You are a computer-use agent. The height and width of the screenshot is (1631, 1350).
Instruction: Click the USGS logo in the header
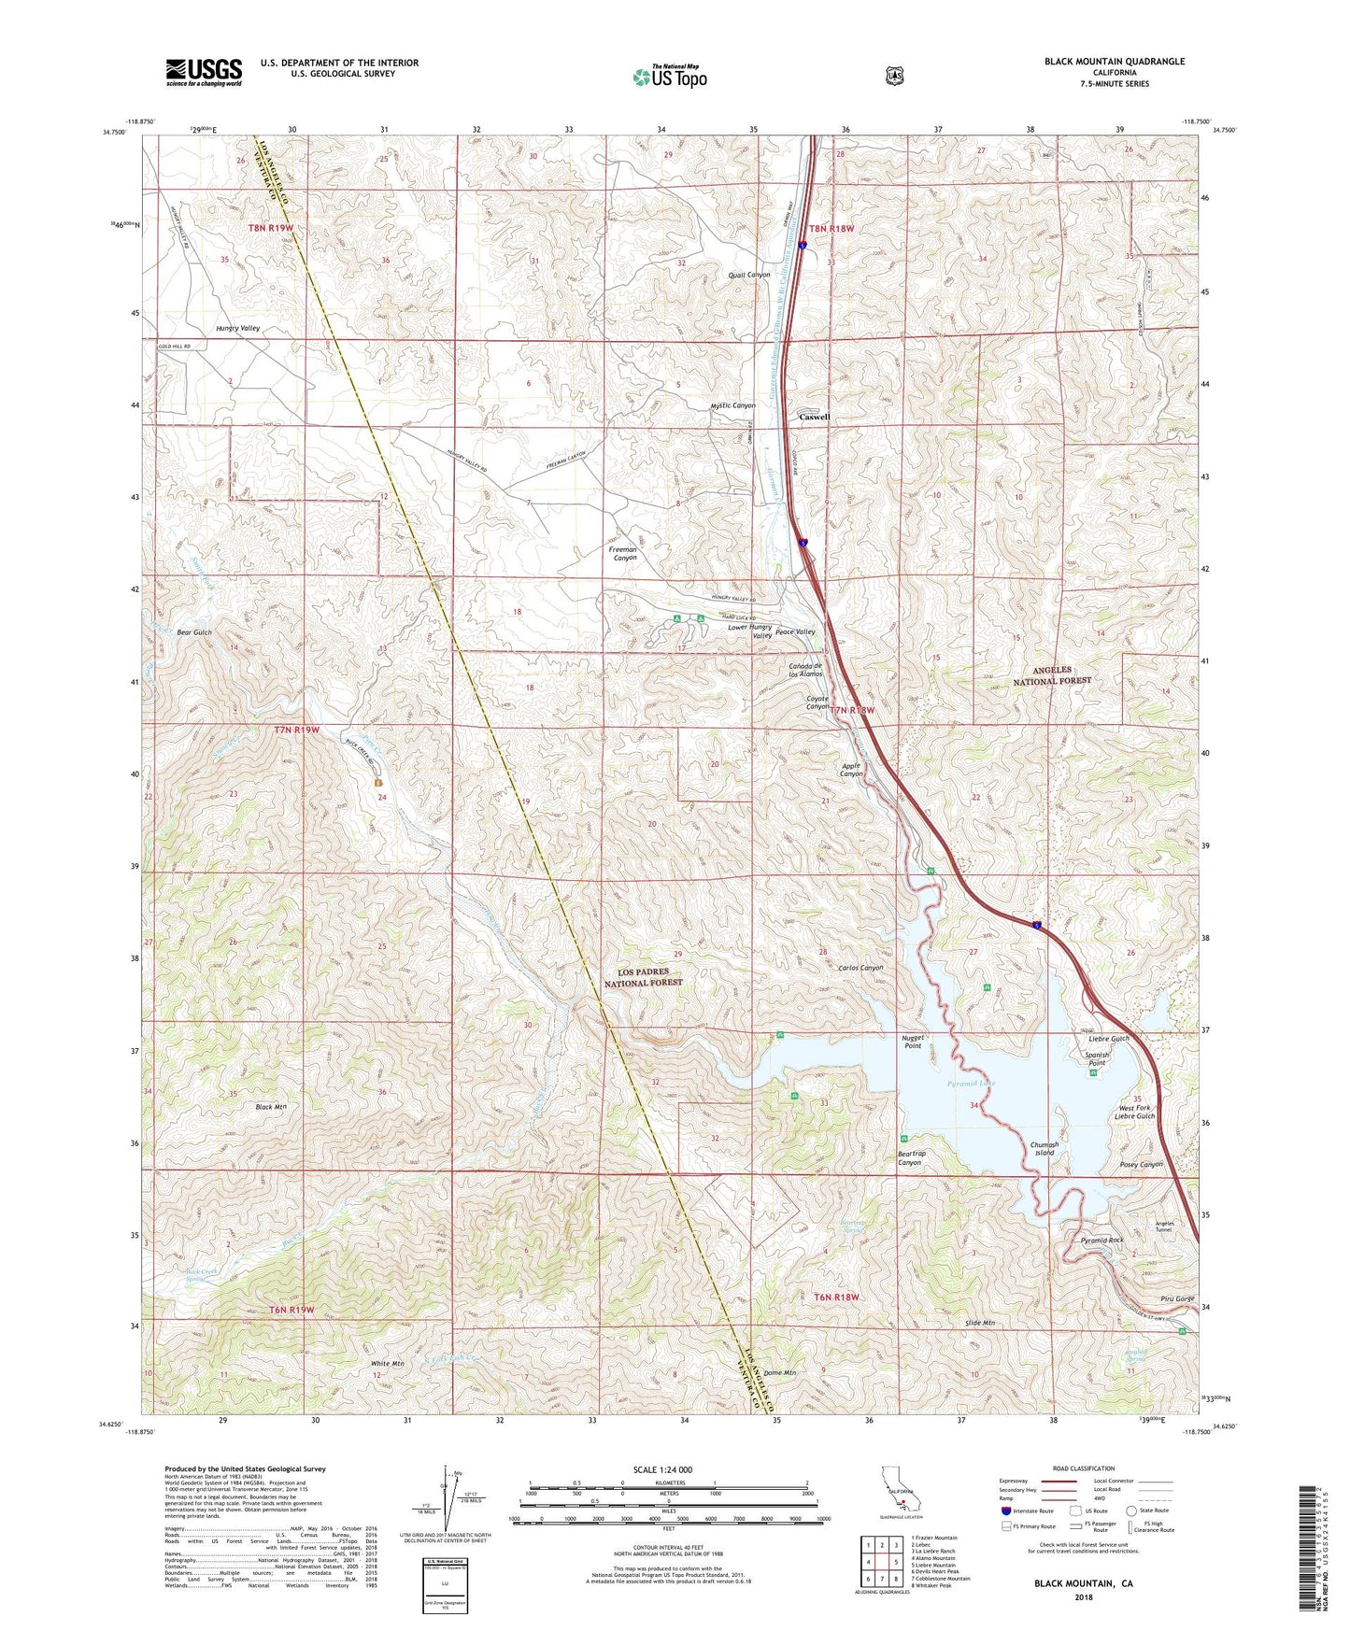(x=204, y=72)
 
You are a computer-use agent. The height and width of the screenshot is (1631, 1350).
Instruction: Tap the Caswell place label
(x=814, y=417)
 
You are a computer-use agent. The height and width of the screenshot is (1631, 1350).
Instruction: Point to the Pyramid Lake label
(x=971, y=1083)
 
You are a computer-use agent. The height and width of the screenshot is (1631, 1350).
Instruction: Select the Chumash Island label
(x=1044, y=1148)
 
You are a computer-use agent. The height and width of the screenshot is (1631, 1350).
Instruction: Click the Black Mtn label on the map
(x=271, y=1107)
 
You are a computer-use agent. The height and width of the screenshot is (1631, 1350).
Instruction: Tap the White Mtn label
(x=388, y=1364)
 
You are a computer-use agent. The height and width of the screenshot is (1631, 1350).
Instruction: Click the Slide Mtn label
(x=980, y=1325)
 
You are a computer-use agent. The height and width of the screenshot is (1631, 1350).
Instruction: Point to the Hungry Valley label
(x=237, y=329)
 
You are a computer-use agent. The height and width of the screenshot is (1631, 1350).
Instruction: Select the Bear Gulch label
(x=194, y=632)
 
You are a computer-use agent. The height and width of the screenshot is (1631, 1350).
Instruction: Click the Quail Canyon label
(x=749, y=275)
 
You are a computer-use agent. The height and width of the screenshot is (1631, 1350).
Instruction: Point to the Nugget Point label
(x=913, y=1042)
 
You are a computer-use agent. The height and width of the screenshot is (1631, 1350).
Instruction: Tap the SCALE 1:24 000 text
(x=667, y=1469)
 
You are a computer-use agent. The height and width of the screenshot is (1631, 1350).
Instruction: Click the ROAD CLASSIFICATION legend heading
(x=1084, y=1468)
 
